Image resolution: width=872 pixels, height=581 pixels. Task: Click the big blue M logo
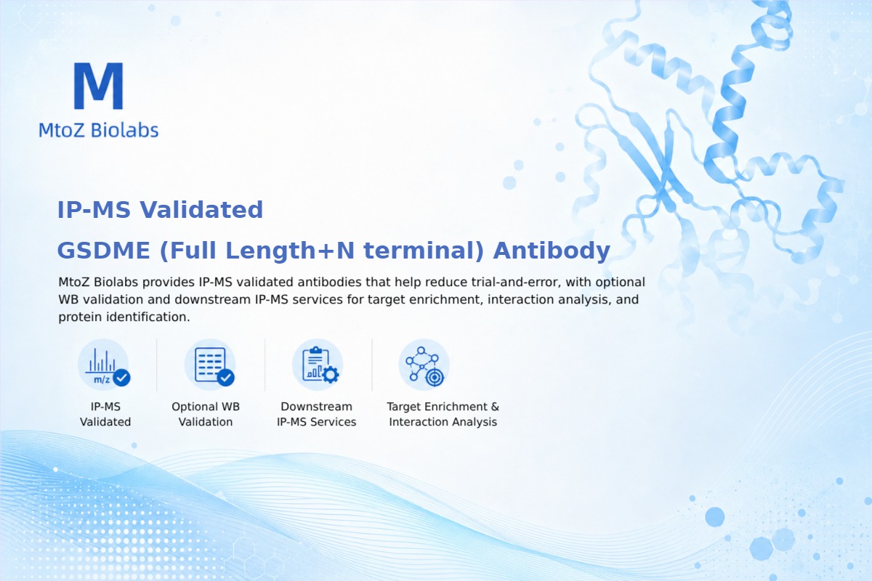tap(99, 86)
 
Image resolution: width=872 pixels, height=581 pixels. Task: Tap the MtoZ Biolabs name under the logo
tap(99, 130)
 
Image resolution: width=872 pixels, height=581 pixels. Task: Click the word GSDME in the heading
tap(103, 251)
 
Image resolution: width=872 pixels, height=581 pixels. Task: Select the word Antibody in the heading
tap(552, 251)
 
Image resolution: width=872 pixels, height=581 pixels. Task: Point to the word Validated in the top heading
tap(201, 210)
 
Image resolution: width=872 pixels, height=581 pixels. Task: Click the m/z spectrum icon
tap(103, 365)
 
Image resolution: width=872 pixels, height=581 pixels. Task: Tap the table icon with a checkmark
tap(211, 365)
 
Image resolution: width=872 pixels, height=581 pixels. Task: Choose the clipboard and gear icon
tap(318, 365)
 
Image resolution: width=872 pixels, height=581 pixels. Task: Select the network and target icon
tap(424, 365)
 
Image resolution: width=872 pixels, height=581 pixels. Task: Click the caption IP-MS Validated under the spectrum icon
tap(105, 414)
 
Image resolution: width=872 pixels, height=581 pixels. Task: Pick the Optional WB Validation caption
tap(206, 414)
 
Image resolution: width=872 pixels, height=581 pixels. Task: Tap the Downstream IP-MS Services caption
tap(317, 414)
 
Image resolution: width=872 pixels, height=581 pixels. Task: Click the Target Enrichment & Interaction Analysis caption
tap(443, 414)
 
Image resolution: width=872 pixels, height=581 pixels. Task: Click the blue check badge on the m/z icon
tap(121, 377)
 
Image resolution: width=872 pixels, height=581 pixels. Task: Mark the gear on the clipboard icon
tap(330, 375)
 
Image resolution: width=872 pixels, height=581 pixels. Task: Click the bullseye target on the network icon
tap(435, 377)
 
